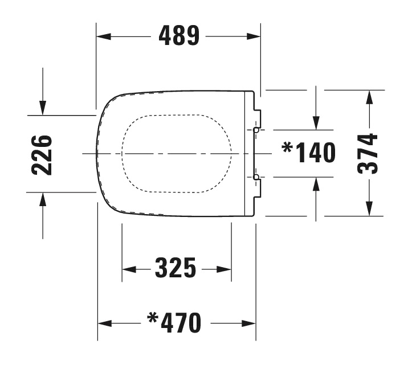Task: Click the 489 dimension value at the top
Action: coord(179,36)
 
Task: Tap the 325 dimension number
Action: coord(176,268)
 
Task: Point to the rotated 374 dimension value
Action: coord(369,153)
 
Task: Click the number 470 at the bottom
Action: coord(181,323)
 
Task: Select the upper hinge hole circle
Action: coord(256,130)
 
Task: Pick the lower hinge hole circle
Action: coord(256,178)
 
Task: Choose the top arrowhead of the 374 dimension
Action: coord(369,97)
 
